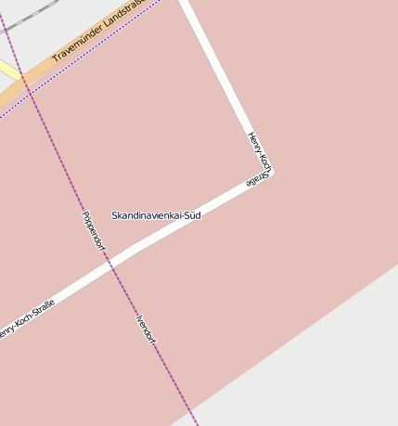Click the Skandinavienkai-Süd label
(156, 215)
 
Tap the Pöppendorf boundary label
(94, 232)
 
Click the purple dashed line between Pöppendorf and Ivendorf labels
(121, 278)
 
